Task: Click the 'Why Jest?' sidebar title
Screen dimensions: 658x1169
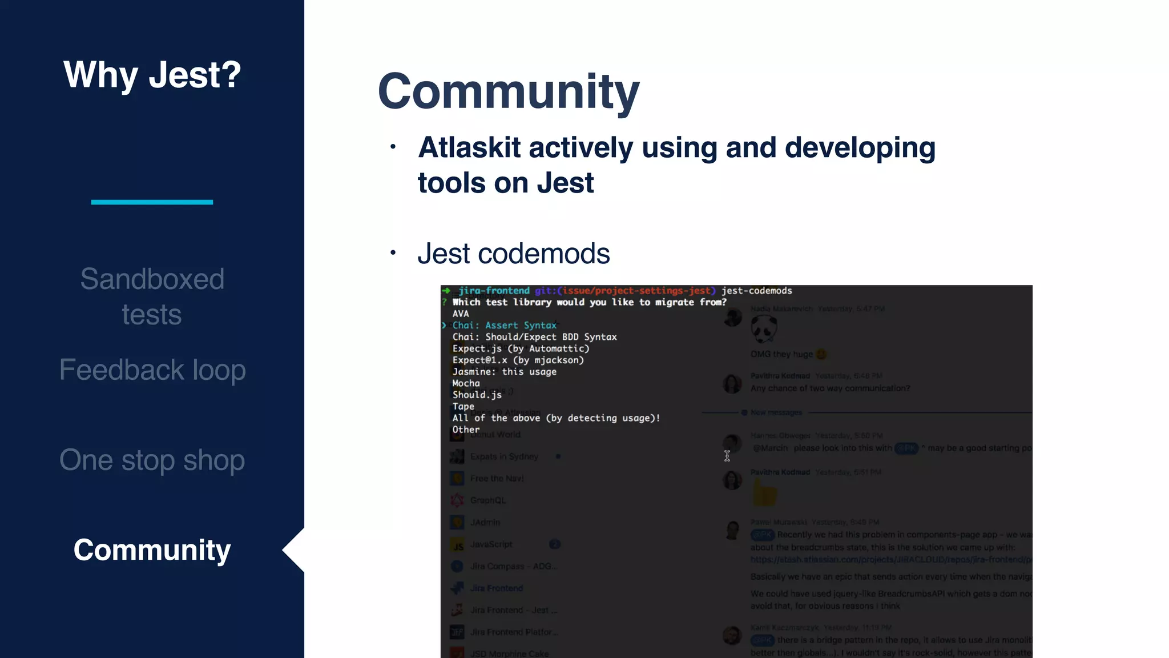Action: point(152,75)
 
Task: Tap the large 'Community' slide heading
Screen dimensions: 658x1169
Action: point(508,91)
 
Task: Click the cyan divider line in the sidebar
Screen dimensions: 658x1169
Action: point(152,202)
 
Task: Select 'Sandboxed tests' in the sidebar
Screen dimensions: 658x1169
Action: point(152,296)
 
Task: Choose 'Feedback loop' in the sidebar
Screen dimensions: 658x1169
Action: point(152,370)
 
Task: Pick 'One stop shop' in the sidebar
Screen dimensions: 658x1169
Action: point(152,460)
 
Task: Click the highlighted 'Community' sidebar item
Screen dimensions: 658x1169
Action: point(152,550)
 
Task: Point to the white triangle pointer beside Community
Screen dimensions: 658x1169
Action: point(295,550)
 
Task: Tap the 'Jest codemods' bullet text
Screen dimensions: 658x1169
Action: point(513,254)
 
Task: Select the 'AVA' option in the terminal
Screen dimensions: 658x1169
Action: point(461,314)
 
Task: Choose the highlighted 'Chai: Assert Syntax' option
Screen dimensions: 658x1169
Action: point(504,326)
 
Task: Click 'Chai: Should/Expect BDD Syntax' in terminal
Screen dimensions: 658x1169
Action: point(534,337)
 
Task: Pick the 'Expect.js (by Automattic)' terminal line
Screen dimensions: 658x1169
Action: point(521,348)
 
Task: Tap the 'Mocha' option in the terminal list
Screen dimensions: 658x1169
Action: point(466,383)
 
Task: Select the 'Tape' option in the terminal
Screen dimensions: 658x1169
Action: point(463,407)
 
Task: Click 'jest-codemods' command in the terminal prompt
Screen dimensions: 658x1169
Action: point(756,291)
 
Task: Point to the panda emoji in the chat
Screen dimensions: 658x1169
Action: point(764,329)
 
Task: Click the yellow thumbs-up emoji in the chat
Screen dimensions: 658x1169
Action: point(764,492)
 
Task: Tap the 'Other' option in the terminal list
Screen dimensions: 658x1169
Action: point(466,430)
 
